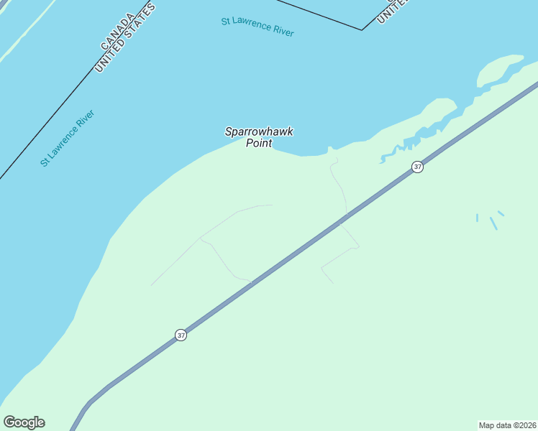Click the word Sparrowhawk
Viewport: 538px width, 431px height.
pos(259,131)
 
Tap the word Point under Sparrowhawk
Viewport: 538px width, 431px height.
pos(259,143)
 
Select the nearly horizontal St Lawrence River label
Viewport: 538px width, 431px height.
pos(257,27)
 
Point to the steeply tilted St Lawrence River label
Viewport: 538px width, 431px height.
pos(68,138)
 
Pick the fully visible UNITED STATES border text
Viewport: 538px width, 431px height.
pos(126,38)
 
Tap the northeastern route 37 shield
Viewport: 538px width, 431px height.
pos(418,167)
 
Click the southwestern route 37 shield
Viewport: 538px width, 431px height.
pos(181,335)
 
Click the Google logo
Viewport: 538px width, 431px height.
pos(24,422)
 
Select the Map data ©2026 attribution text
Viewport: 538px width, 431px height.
pos(507,425)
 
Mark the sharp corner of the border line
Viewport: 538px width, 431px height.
pos(362,30)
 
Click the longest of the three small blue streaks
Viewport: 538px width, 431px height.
pos(493,223)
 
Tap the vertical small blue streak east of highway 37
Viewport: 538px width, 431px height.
pos(477,218)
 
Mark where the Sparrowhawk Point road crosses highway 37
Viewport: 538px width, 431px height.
pos(345,217)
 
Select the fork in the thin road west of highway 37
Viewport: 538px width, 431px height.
pos(201,239)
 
